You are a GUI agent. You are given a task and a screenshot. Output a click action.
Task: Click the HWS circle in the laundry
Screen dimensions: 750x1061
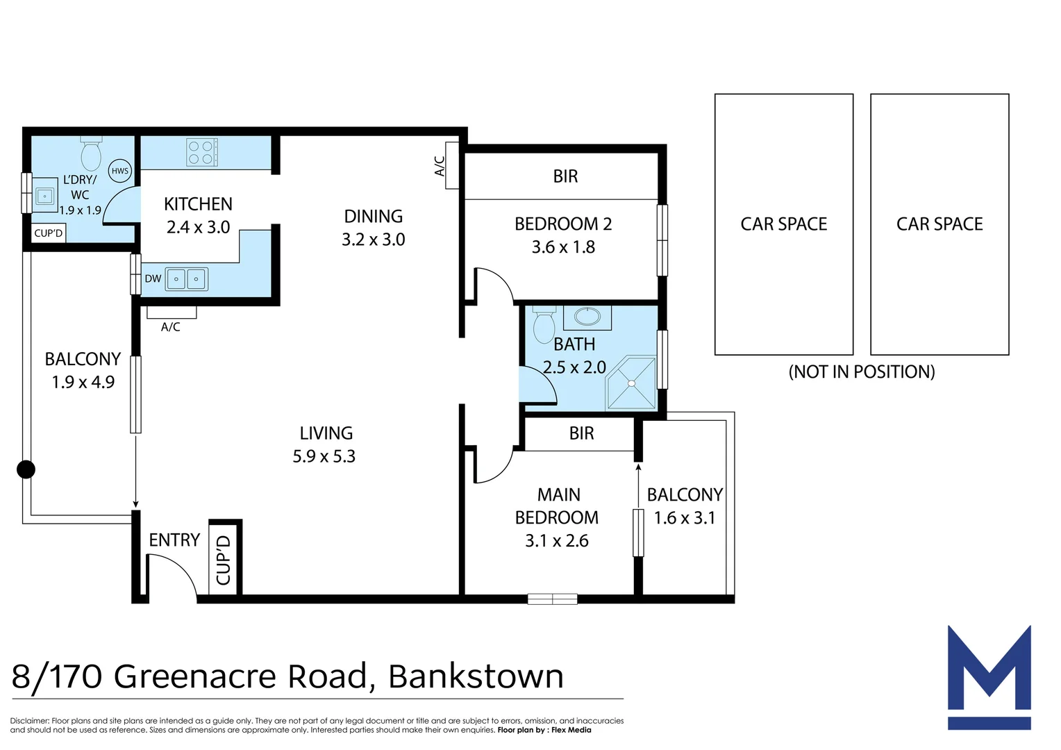point(120,171)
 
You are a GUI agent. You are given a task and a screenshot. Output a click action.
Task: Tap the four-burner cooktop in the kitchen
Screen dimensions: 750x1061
point(201,153)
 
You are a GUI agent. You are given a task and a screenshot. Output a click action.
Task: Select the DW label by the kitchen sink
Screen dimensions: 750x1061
point(153,279)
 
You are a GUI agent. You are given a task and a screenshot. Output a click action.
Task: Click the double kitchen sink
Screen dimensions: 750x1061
point(186,279)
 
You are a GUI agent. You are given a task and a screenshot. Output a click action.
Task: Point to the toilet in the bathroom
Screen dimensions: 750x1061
point(544,325)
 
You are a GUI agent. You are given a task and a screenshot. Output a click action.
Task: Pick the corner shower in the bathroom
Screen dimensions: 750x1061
point(631,383)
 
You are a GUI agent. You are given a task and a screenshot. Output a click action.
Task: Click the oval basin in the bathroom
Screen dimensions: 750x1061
point(587,317)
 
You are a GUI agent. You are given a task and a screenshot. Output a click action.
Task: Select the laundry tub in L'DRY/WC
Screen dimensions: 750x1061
point(45,197)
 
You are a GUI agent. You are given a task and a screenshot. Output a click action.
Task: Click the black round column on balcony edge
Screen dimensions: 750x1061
point(26,469)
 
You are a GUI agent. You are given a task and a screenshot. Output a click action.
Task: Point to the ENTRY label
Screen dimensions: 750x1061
point(174,540)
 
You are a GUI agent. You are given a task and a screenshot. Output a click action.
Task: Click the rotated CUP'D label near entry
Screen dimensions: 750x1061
point(224,560)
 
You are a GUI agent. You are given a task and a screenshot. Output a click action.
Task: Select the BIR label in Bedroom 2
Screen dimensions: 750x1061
point(565,176)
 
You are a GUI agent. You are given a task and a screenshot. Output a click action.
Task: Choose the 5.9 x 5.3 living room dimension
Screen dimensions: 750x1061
point(324,456)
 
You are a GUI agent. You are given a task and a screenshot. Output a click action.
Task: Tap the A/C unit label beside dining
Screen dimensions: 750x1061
point(440,165)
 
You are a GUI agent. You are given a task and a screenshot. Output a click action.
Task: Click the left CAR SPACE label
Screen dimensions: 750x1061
point(783,224)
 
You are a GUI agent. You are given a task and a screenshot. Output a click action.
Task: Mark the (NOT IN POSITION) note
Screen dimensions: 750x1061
point(861,372)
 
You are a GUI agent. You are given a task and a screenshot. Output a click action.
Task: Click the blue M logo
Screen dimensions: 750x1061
point(989,677)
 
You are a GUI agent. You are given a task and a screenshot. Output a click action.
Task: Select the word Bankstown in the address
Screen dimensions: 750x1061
point(476,676)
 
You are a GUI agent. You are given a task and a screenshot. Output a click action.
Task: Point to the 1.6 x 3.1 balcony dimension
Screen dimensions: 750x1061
point(684,518)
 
